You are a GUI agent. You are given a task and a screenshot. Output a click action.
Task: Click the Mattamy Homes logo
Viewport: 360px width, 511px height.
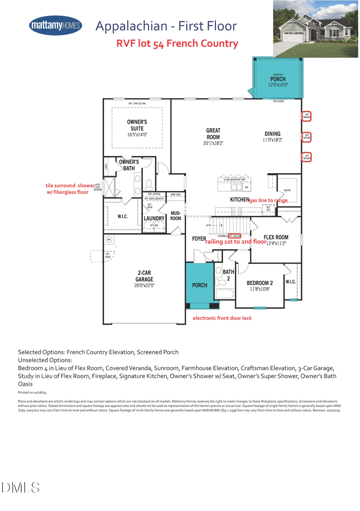pos(56,26)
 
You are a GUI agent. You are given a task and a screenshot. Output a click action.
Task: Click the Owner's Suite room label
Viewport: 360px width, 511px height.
pos(137,125)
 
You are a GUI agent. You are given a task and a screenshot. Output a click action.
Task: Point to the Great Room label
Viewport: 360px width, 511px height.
pos(213,134)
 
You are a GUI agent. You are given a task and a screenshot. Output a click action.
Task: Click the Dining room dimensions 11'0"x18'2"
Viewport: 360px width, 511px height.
pos(272,140)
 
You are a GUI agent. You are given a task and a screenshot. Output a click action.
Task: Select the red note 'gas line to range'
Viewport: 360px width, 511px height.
pos(268,200)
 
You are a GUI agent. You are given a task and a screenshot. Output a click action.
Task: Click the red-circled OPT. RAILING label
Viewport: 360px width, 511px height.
pos(234,237)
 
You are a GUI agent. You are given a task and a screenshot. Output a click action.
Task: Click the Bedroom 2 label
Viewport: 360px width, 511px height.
pos(260,283)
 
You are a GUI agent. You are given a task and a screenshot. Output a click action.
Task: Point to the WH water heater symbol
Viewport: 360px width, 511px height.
pos(109,240)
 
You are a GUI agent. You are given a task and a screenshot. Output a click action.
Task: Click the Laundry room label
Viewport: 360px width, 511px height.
pos(154,218)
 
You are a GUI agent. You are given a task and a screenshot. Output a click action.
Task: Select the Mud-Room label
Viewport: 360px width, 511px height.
pos(176,216)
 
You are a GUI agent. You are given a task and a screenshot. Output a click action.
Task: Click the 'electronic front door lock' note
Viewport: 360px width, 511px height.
pos(222,318)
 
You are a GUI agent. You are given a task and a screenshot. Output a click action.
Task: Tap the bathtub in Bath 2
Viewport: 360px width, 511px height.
pos(224,294)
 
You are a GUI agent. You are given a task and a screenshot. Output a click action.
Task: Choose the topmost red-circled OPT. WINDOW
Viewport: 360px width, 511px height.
pos(306,116)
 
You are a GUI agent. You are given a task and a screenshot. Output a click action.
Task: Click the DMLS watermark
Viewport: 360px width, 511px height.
pos(21,487)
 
